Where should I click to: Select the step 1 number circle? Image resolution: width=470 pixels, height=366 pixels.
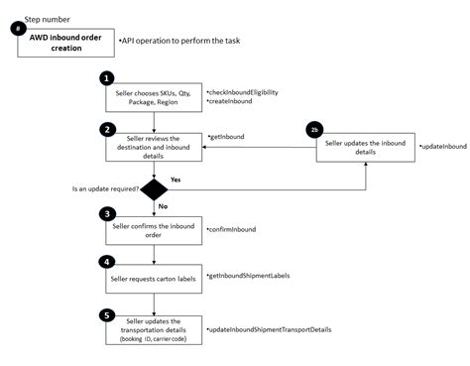tap(108, 77)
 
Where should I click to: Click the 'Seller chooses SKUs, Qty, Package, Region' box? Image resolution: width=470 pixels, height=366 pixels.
tap(153, 97)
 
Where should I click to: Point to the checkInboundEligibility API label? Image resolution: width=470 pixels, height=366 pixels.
tap(244, 90)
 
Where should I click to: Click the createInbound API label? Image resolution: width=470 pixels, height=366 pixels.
tap(229, 101)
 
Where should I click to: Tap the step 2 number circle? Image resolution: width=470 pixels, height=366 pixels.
tap(108, 129)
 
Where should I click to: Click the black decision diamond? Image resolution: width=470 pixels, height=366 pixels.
tap(153, 188)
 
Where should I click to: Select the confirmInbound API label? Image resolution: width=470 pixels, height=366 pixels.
tap(232, 229)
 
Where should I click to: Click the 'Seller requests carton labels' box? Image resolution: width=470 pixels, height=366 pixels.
tap(153, 280)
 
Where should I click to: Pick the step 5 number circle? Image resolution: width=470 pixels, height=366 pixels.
tap(108, 315)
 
